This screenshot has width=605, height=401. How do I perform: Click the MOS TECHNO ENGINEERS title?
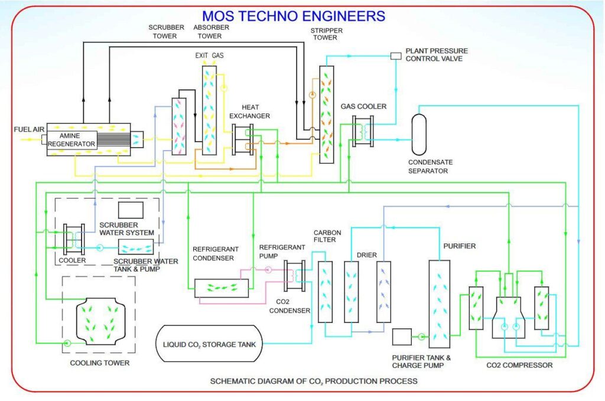[293, 15]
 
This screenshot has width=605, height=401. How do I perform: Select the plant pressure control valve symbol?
[395, 56]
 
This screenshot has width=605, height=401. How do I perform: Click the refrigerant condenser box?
[222, 288]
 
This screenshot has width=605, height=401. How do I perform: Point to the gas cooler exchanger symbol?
[362, 131]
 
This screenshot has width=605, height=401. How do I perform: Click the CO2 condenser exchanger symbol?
[294, 276]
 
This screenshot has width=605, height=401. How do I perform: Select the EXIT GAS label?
[210, 56]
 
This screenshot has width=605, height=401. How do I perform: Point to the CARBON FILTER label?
[324, 236]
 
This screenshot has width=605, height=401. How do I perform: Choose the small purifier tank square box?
[402, 337]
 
